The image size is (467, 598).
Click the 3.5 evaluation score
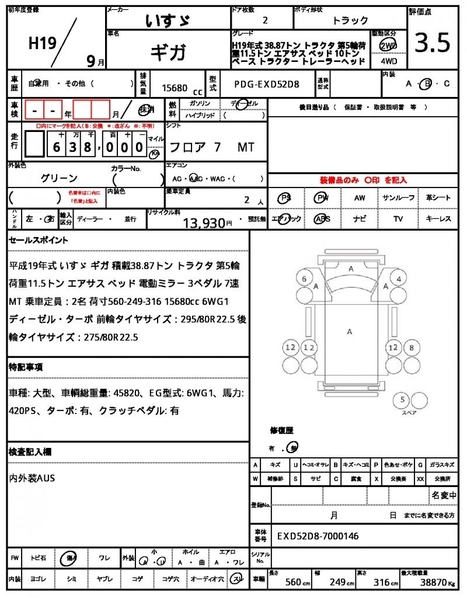432,43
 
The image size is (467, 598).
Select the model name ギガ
168,53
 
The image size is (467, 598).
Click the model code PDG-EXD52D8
266,84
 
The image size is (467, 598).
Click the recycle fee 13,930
204,222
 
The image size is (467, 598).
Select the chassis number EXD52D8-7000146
318,536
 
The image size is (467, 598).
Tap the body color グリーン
59,178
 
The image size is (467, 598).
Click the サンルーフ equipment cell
399,198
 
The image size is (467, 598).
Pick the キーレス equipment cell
438,219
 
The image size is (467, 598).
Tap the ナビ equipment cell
360,219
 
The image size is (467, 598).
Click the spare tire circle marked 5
401,400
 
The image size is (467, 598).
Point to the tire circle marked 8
412,348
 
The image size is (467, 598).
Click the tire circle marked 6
304,279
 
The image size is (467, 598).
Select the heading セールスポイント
39,240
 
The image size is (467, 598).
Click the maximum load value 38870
434,582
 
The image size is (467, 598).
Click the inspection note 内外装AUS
33,478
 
